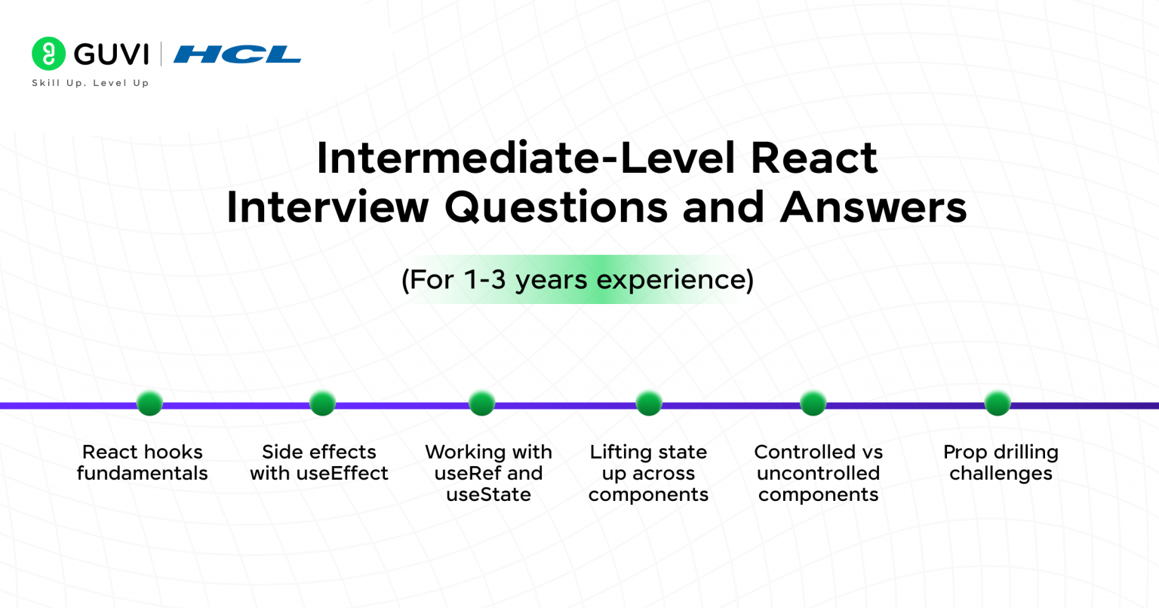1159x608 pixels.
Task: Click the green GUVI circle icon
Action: click(x=49, y=54)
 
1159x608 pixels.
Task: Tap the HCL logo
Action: click(x=237, y=54)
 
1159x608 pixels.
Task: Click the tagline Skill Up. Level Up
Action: click(x=91, y=83)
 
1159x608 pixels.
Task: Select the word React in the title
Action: click(x=814, y=158)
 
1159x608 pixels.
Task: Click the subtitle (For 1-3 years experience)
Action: click(x=577, y=280)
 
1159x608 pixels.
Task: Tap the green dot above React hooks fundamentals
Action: click(x=149, y=403)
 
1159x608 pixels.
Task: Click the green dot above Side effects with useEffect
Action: click(x=322, y=403)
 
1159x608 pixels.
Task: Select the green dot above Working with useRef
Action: click(x=481, y=403)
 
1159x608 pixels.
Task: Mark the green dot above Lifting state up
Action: click(x=648, y=403)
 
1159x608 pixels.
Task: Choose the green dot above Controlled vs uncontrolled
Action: click(x=813, y=403)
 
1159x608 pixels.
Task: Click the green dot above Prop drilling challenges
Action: click(x=998, y=403)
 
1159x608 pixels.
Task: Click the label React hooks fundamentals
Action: click(x=143, y=462)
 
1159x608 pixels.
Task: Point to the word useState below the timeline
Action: click(x=488, y=495)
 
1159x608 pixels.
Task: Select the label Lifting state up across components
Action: click(x=648, y=473)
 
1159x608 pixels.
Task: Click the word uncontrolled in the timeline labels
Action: click(x=818, y=474)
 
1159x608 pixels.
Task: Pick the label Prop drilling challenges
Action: click(x=1001, y=462)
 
